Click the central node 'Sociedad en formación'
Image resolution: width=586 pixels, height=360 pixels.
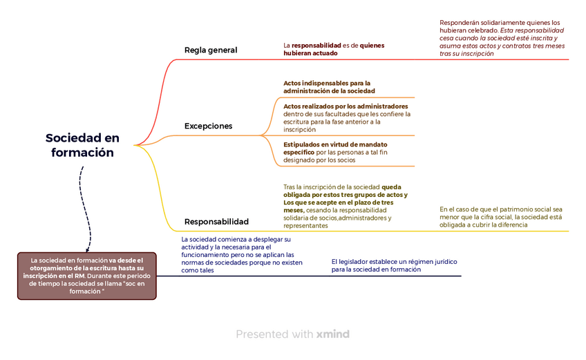[82, 145]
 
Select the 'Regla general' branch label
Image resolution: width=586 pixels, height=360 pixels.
[211, 50]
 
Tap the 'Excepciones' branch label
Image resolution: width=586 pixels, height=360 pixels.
[208, 126]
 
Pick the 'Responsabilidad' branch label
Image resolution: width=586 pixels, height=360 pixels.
[216, 222]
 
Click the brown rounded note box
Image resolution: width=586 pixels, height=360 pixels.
[87, 276]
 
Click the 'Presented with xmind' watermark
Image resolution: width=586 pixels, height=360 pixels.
[292, 334]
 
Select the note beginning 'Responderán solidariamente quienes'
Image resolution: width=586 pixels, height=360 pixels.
[502, 38]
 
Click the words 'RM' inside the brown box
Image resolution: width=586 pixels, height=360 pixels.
[79, 276]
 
